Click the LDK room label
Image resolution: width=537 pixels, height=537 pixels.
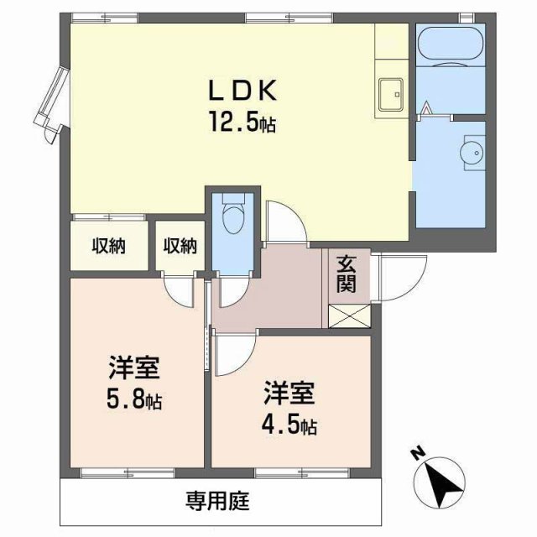242,91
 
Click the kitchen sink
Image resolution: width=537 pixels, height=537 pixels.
390,94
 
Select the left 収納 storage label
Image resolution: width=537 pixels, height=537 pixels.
109,246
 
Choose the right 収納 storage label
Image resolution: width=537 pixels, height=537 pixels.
180,246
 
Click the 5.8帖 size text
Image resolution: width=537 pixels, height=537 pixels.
134,400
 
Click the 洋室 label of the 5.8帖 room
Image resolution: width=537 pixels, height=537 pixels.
134,369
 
